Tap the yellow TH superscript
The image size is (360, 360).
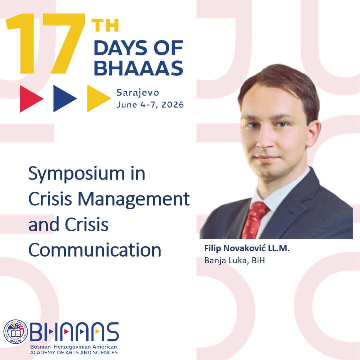click(x=105, y=25)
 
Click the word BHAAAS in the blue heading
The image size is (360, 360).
click(x=138, y=68)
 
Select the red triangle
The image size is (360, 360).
click(x=31, y=99)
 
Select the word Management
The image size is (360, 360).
click(x=134, y=199)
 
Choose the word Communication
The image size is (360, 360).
click(x=95, y=250)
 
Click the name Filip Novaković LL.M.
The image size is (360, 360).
click(x=247, y=249)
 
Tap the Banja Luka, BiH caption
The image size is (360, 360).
click(x=234, y=261)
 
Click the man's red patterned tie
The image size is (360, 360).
click(x=253, y=221)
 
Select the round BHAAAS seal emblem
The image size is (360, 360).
click(x=16, y=332)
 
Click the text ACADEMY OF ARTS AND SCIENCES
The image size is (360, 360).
click(x=74, y=352)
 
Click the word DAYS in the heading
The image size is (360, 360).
click(x=120, y=48)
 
